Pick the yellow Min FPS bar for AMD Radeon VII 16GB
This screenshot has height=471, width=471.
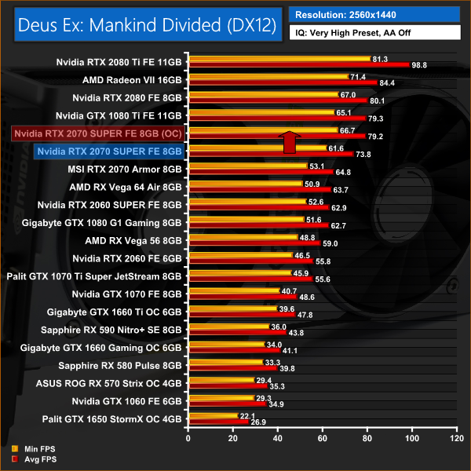267,76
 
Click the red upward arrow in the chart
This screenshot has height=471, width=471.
289,142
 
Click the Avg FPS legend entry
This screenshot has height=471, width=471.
30,458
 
